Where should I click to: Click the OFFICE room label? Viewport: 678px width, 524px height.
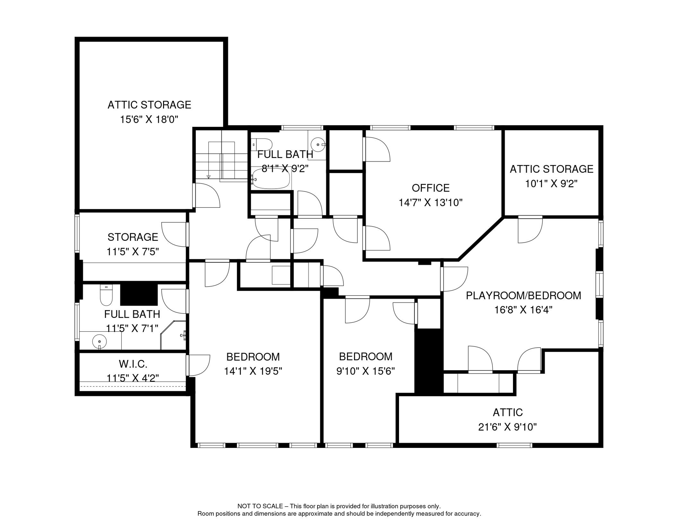[x=430, y=188]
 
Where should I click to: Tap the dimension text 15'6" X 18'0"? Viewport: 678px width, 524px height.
[x=149, y=119]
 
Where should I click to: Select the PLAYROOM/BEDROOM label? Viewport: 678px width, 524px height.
[x=523, y=295]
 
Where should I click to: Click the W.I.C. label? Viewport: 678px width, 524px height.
[x=133, y=364]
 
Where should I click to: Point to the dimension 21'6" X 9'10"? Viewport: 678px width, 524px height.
[x=507, y=427]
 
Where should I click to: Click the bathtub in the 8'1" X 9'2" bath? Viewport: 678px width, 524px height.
[x=271, y=179]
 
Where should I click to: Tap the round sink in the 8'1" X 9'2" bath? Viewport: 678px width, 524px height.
[x=318, y=145]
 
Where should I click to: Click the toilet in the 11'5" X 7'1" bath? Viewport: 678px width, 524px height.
[x=106, y=295]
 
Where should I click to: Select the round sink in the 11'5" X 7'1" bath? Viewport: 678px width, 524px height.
[x=99, y=341]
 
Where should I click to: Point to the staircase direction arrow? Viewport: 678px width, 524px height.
[x=208, y=176]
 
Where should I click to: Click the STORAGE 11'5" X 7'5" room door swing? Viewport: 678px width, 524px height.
[x=175, y=234]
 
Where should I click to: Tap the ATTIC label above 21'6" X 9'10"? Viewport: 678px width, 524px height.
[x=507, y=412]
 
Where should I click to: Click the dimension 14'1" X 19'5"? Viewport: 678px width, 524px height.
[x=253, y=371]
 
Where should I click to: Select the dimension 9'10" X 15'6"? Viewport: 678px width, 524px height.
[x=365, y=371]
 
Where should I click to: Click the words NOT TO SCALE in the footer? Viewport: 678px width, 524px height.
[x=260, y=506]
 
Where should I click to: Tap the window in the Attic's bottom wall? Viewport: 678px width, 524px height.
[x=514, y=445]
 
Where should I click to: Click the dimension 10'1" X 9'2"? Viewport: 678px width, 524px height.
[x=551, y=184]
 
